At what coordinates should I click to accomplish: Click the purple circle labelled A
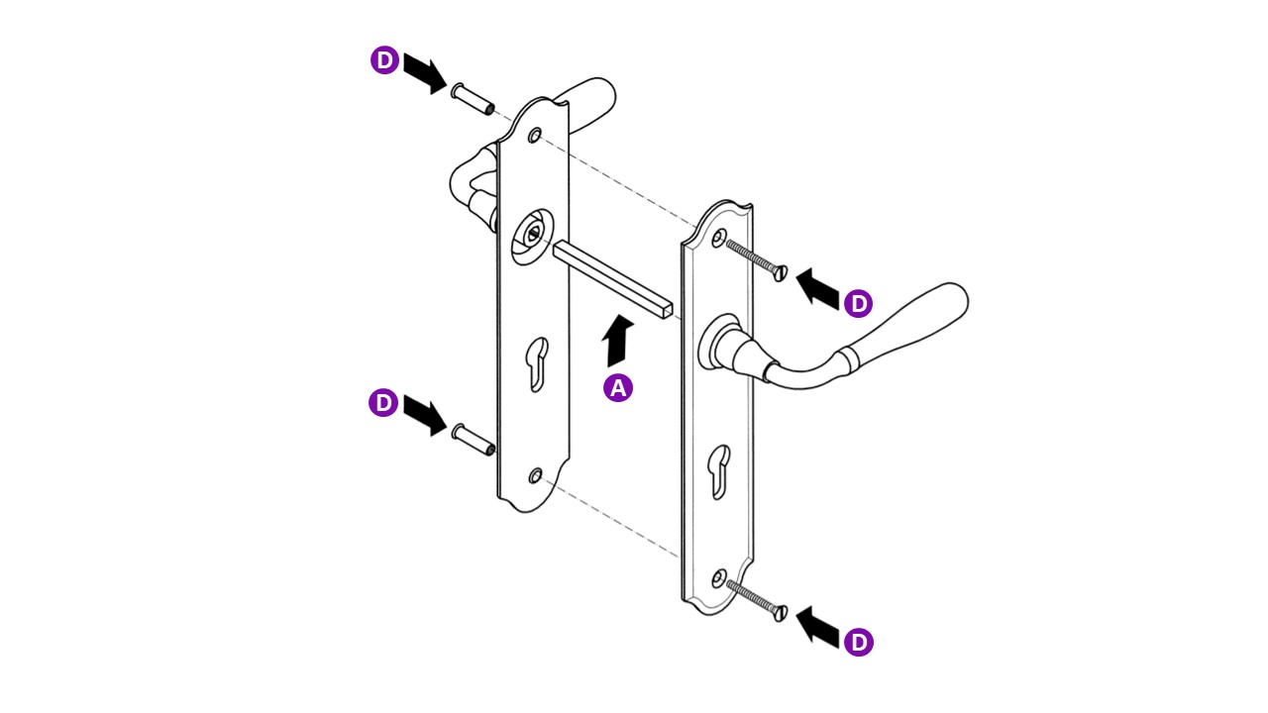click(x=617, y=387)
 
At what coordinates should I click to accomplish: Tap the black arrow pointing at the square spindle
click(x=616, y=342)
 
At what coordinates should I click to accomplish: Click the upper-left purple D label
click(x=385, y=59)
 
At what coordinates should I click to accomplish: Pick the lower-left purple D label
click(x=383, y=402)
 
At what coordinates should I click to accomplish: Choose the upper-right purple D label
click(x=858, y=303)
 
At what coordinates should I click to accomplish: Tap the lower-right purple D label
click(x=858, y=642)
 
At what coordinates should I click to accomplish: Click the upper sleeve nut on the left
click(x=473, y=99)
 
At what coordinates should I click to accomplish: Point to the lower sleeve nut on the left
click(x=474, y=440)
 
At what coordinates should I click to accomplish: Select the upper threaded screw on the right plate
click(x=756, y=259)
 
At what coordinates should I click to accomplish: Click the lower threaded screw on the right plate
click(x=756, y=600)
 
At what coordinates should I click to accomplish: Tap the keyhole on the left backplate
click(x=537, y=363)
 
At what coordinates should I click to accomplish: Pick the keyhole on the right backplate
click(x=719, y=471)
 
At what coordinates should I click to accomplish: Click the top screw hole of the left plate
click(x=535, y=136)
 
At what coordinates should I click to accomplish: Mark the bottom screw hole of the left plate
click(x=535, y=476)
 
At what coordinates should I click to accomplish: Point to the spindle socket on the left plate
click(x=532, y=236)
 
